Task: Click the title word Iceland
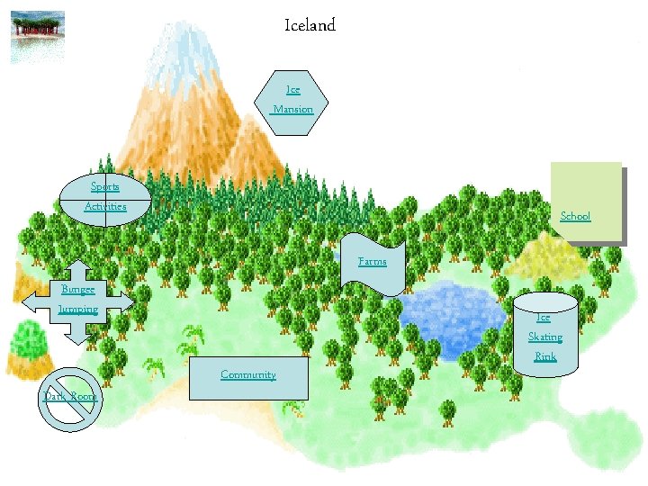tap(310, 26)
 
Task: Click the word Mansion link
tap(292, 110)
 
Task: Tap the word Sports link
tap(104, 187)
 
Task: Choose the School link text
tap(575, 216)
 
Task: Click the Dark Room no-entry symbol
tap(70, 399)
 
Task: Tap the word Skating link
tap(544, 337)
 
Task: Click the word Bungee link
tap(77, 289)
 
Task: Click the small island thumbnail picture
tap(38, 37)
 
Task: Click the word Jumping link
tap(77, 309)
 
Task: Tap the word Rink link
tap(544, 356)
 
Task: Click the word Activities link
tap(105, 207)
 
